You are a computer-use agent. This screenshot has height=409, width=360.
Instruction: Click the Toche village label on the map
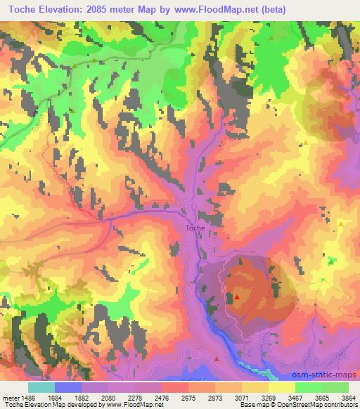coord(195,228)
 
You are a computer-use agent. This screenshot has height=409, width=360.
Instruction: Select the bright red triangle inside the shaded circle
coord(237,297)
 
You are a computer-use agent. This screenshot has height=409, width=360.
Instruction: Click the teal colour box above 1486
coord(41,387)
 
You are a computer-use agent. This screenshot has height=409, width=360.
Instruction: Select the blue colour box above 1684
coord(68,387)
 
